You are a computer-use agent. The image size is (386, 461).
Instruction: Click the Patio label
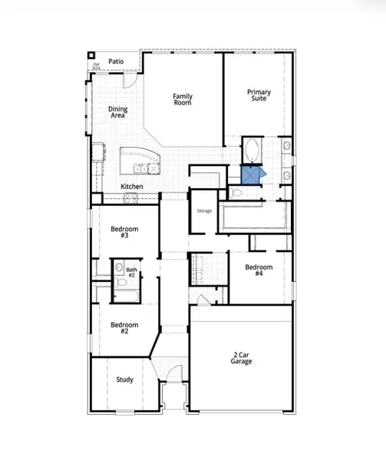tap(116, 61)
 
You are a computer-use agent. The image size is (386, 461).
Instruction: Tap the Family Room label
tap(183, 99)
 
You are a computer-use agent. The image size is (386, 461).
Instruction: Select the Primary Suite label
tap(259, 95)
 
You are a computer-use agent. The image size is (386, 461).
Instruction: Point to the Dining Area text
tap(117, 113)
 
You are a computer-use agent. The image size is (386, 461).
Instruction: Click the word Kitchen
tap(132, 187)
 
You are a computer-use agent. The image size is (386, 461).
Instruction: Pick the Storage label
tap(203, 211)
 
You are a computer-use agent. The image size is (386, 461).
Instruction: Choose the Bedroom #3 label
tap(124, 232)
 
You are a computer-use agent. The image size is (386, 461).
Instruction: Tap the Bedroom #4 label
tap(254, 270)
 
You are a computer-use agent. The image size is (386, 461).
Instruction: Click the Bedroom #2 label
tap(124, 328)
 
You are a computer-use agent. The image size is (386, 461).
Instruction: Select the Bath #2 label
tap(131, 272)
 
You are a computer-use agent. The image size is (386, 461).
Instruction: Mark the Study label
tap(124, 380)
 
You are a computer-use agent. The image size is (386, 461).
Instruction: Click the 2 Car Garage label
tap(240, 358)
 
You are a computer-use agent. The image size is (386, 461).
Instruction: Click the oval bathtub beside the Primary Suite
tap(252, 150)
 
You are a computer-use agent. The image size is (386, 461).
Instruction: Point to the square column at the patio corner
tap(92, 55)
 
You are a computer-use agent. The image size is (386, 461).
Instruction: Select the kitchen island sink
tap(142, 167)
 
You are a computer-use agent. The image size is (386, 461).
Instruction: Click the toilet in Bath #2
tap(120, 269)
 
